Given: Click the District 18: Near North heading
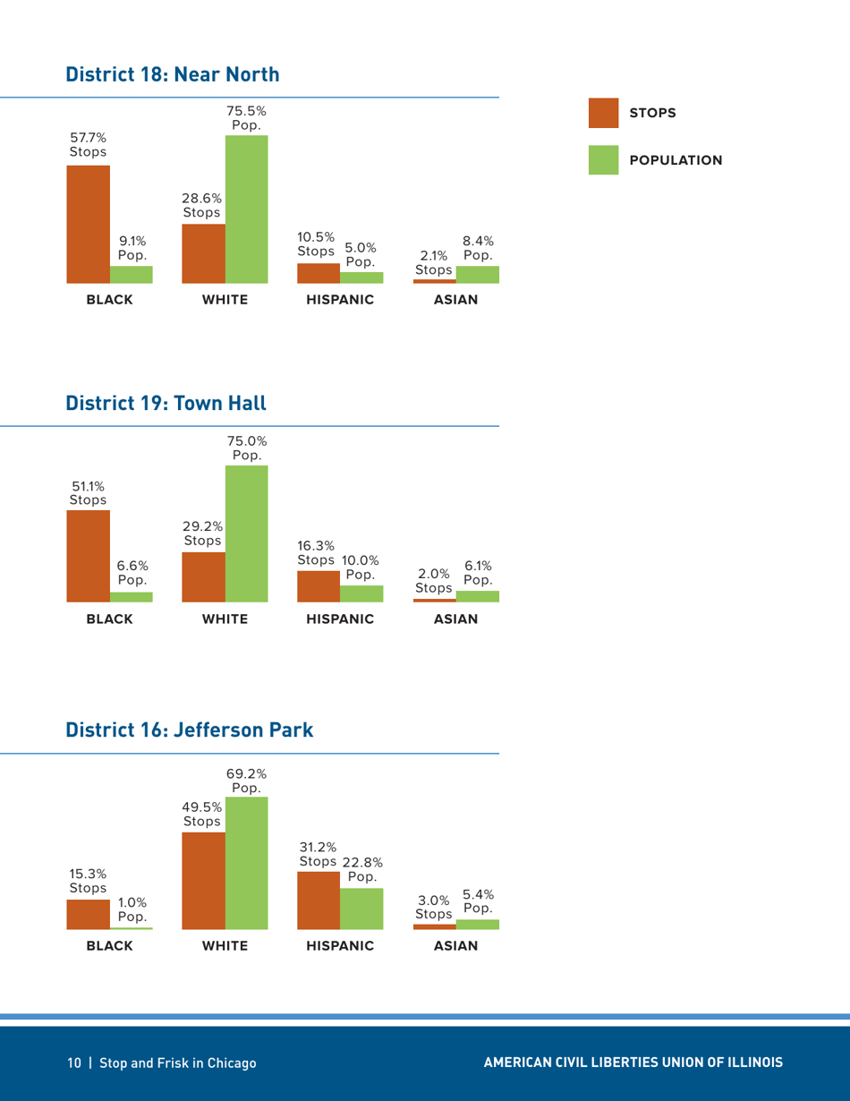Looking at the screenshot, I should pyautogui.click(x=173, y=74).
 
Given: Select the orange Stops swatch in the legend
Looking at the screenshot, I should pyautogui.click(x=604, y=113).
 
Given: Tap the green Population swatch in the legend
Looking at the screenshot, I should pyautogui.click(x=604, y=159).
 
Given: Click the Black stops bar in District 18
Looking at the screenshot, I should pyautogui.click(x=89, y=224).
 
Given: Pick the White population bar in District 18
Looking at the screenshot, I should pyautogui.click(x=246, y=209).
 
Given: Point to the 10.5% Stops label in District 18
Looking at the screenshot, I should pyautogui.click(x=316, y=244).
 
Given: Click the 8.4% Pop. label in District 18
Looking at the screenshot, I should pyautogui.click(x=479, y=248).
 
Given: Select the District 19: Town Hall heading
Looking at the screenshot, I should pyautogui.click(x=166, y=403).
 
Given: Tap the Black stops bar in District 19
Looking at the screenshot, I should pyautogui.click(x=89, y=555).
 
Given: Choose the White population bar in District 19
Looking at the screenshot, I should pyautogui.click(x=246, y=533).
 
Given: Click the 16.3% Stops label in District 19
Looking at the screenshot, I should pyautogui.click(x=316, y=552).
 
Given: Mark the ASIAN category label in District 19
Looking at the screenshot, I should pyautogui.click(x=455, y=619).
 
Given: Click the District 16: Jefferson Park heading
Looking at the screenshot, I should pyautogui.click(x=190, y=730).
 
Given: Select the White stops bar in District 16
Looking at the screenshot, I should pyautogui.click(x=203, y=881).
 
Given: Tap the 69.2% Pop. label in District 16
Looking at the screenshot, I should pyautogui.click(x=246, y=781).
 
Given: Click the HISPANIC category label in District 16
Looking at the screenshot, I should pyautogui.click(x=340, y=946).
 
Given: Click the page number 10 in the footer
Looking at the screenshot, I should pyautogui.click(x=73, y=1063).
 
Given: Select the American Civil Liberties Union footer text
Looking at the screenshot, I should pyautogui.click(x=633, y=1063).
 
